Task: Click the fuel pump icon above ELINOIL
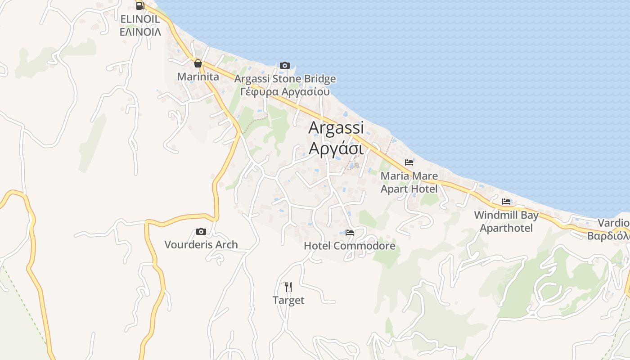[x=140, y=5]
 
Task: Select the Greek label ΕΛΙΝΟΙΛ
[x=140, y=31]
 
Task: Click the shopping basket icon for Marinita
[x=198, y=63]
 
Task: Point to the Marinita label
[x=198, y=76]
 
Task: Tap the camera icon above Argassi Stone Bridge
[x=284, y=66]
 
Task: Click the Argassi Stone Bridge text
[x=285, y=79]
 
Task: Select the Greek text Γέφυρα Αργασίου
[x=285, y=92]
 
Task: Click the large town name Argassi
[x=336, y=128]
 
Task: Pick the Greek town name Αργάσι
[x=336, y=148]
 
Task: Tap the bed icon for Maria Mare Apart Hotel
[x=409, y=162]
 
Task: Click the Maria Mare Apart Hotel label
[x=409, y=182]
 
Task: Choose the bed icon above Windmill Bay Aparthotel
[x=506, y=202]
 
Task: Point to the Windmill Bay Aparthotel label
[x=506, y=221]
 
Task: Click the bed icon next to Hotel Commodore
[x=350, y=233]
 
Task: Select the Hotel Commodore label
[x=350, y=246]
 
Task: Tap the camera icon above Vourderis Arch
[x=201, y=232]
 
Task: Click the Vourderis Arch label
[x=201, y=245]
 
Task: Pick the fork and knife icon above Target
[x=288, y=287]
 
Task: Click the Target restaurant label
[x=288, y=300]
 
